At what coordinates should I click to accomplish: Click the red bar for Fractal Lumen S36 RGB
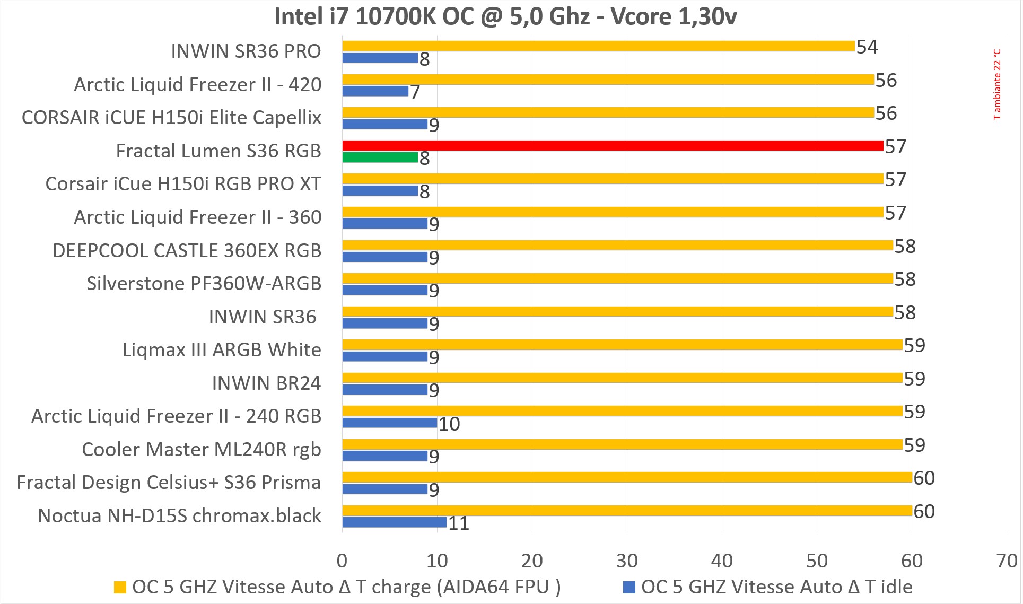click(613, 146)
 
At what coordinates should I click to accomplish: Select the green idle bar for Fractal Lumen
click(380, 157)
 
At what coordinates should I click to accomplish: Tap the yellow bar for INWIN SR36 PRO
click(598, 46)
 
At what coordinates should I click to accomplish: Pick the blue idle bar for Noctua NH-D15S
click(395, 522)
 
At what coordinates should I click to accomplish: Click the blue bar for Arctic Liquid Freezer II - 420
click(375, 91)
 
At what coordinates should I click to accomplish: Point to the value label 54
click(867, 47)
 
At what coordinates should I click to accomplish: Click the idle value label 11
click(459, 523)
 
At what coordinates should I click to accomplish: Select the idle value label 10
click(449, 424)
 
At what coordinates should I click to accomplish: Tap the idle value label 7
click(415, 92)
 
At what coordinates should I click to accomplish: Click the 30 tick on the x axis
click(627, 561)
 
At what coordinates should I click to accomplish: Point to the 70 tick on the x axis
click(1007, 561)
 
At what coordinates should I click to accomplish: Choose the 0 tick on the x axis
click(342, 561)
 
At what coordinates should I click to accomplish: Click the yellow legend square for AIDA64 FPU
click(120, 587)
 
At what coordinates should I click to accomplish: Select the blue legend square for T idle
click(629, 587)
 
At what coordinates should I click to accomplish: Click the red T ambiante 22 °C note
click(997, 84)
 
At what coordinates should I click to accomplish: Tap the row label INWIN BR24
click(266, 383)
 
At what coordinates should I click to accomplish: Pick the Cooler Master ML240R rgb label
click(202, 449)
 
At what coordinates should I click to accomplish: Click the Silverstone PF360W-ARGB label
click(204, 283)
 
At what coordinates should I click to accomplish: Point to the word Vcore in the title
click(641, 16)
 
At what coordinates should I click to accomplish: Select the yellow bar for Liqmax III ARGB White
click(622, 345)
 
